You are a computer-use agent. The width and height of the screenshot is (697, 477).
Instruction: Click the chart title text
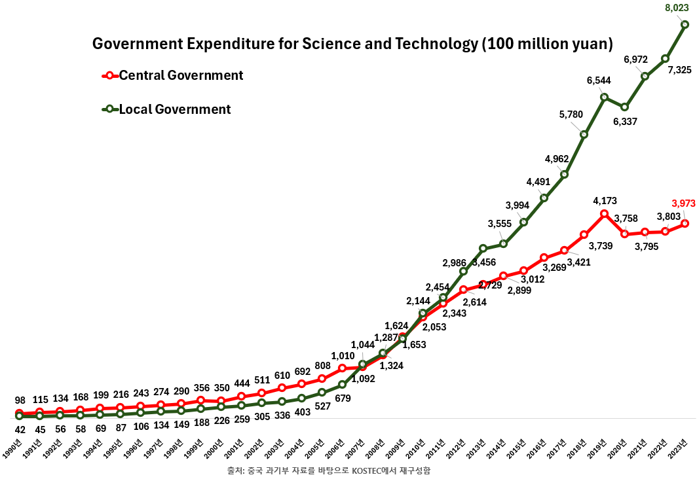tap(352, 44)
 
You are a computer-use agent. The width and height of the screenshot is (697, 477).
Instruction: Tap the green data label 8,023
tap(676, 9)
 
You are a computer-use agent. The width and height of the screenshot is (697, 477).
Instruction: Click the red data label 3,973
tap(683, 203)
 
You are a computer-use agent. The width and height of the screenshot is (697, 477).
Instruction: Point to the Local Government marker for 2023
tap(685, 25)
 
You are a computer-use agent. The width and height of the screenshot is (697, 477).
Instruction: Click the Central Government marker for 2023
tap(685, 223)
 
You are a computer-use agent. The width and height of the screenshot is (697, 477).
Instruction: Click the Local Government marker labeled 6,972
tap(645, 76)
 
